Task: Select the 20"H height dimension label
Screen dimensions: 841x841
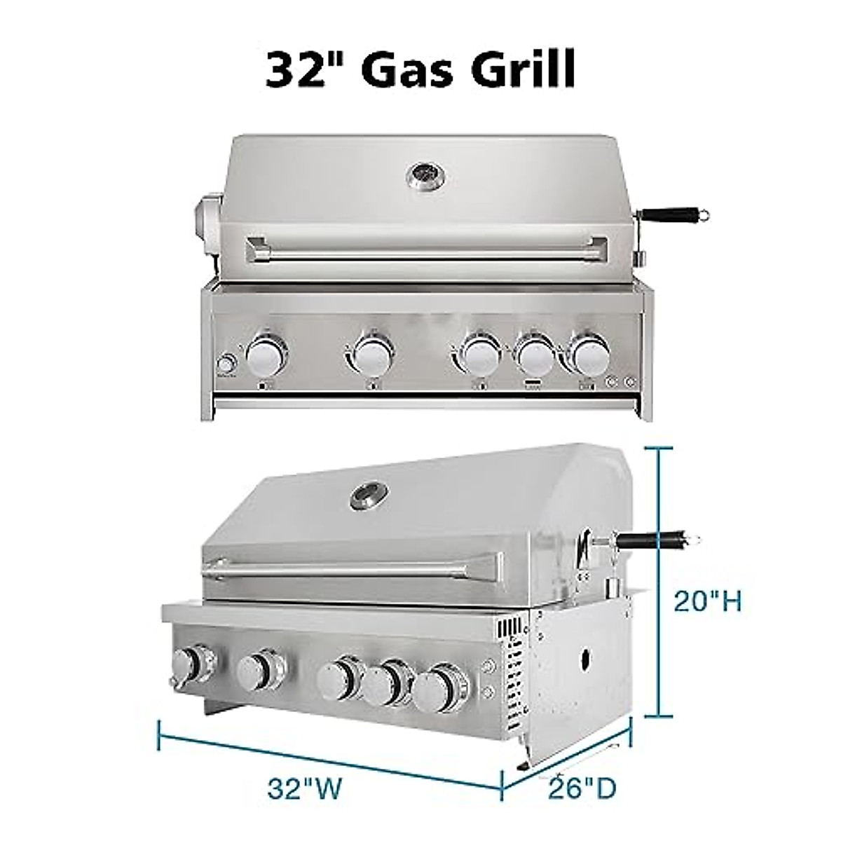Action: point(707,601)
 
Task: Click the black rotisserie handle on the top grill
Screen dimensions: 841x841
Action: point(675,214)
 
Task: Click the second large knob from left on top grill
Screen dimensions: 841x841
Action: point(373,355)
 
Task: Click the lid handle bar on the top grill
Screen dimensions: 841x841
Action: point(426,249)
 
